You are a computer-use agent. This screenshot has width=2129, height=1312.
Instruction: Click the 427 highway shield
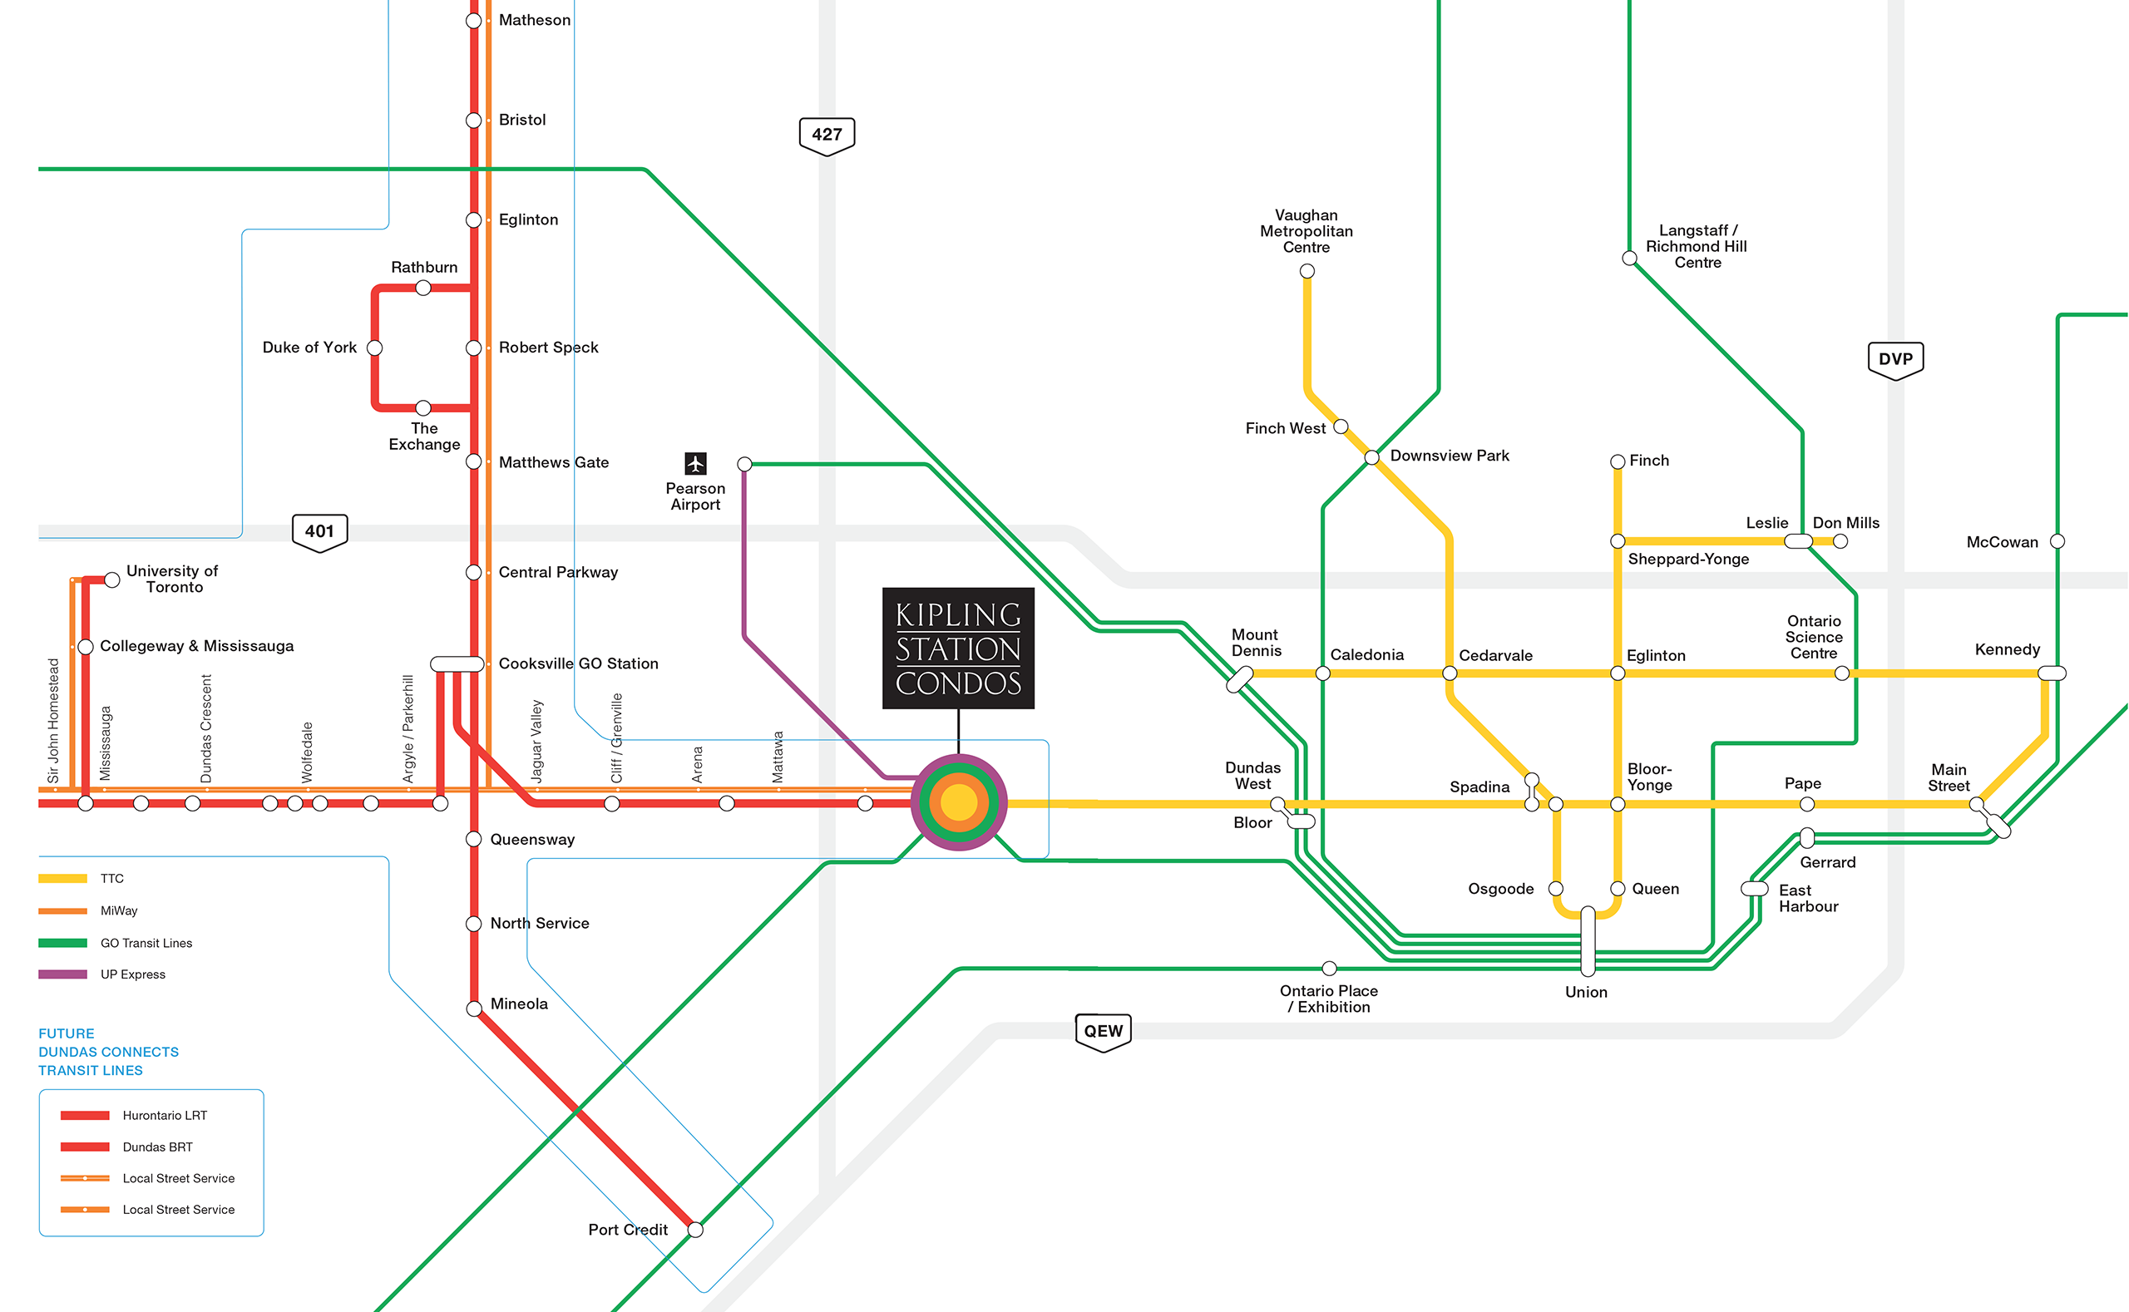[827, 136]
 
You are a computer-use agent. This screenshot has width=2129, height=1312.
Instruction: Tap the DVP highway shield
[1894, 360]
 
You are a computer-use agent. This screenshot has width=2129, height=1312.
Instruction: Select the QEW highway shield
[1102, 1032]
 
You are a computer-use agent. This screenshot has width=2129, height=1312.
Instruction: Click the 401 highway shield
[319, 532]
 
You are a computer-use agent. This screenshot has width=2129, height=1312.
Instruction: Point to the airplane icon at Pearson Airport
[695, 463]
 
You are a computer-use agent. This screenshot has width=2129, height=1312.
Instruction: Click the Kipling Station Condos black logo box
[958, 649]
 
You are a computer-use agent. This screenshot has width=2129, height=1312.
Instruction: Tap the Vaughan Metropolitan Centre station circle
[1307, 272]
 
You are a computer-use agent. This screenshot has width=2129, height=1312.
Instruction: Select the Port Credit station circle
[695, 1230]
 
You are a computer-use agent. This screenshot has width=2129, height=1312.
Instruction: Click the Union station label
[1586, 993]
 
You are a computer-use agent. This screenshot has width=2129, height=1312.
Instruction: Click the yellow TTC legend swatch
[62, 879]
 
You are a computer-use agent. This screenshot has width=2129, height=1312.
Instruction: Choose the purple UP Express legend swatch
[62, 974]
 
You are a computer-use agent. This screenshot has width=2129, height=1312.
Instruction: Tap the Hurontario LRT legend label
[165, 1116]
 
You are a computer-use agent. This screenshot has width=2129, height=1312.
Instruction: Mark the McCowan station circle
[2056, 541]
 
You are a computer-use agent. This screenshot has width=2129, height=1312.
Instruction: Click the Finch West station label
[1285, 429]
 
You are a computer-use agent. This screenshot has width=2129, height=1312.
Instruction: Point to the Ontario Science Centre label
[1813, 637]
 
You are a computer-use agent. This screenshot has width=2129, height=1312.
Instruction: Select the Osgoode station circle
[1555, 889]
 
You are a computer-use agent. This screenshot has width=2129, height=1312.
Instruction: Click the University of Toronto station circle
[112, 580]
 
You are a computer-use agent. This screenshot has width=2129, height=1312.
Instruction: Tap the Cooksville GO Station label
[578, 663]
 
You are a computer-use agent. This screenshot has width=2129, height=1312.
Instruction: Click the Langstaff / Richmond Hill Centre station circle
[1629, 259]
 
